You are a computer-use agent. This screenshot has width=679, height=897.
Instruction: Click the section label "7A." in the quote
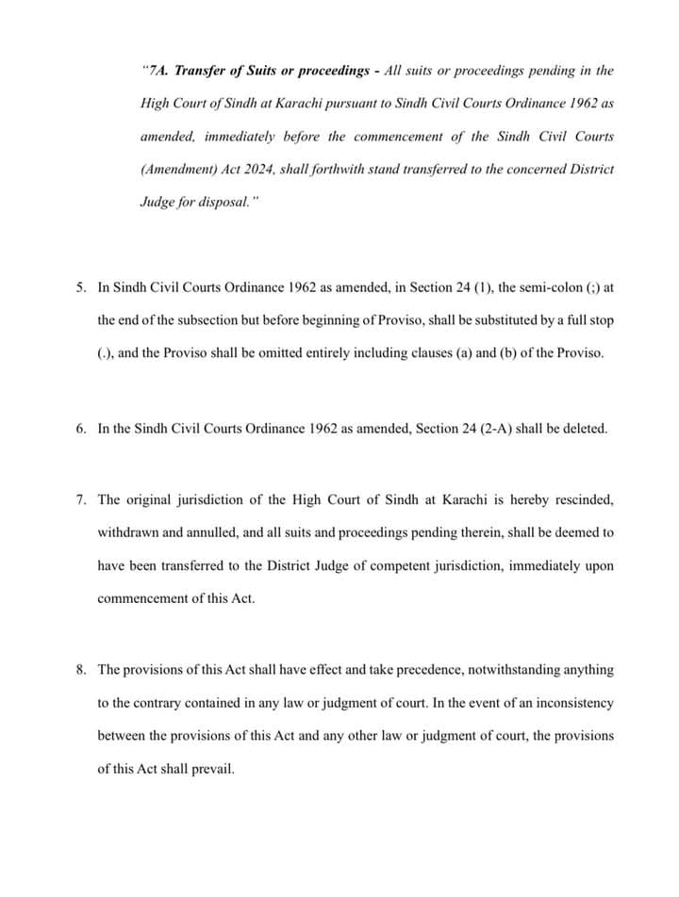point(157,71)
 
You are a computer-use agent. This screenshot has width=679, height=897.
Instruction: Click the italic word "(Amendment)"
point(175,170)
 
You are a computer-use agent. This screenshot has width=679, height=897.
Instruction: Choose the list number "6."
point(81,428)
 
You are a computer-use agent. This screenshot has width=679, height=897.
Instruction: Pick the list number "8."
point(81,669)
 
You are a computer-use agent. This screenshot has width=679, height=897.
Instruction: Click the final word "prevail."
point(213,768)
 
